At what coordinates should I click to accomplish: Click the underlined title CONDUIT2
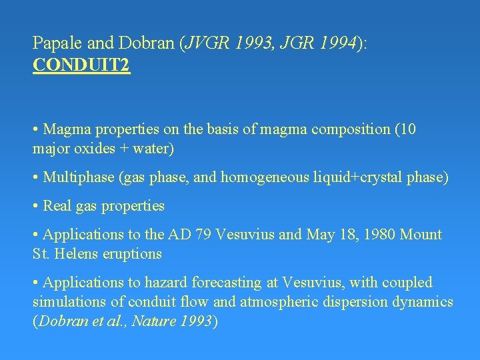[x=81, y=66]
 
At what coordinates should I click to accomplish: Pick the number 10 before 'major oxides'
[x=406, y=129]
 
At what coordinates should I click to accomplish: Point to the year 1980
[x=377, y=235]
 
